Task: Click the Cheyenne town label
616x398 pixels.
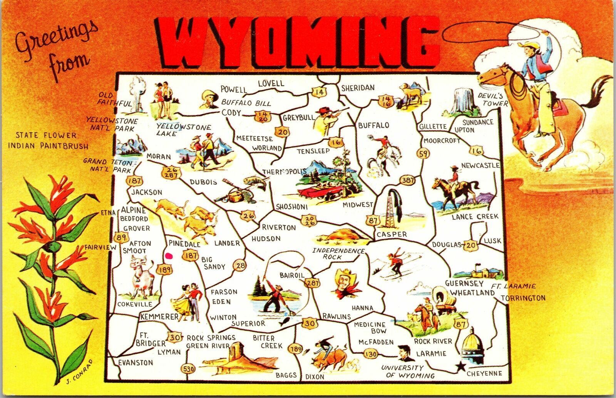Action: [x=484, y=373]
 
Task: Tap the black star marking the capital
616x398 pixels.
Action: [x=459, y=367]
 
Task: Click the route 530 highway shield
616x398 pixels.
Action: [x=189, y=369]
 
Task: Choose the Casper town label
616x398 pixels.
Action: [x=392, y=234]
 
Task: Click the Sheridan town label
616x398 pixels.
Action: [x=358, y=88]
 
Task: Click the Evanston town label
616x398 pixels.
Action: [x=136, y=363]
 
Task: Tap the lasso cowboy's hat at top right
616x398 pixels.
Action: [x=526, y=46]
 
